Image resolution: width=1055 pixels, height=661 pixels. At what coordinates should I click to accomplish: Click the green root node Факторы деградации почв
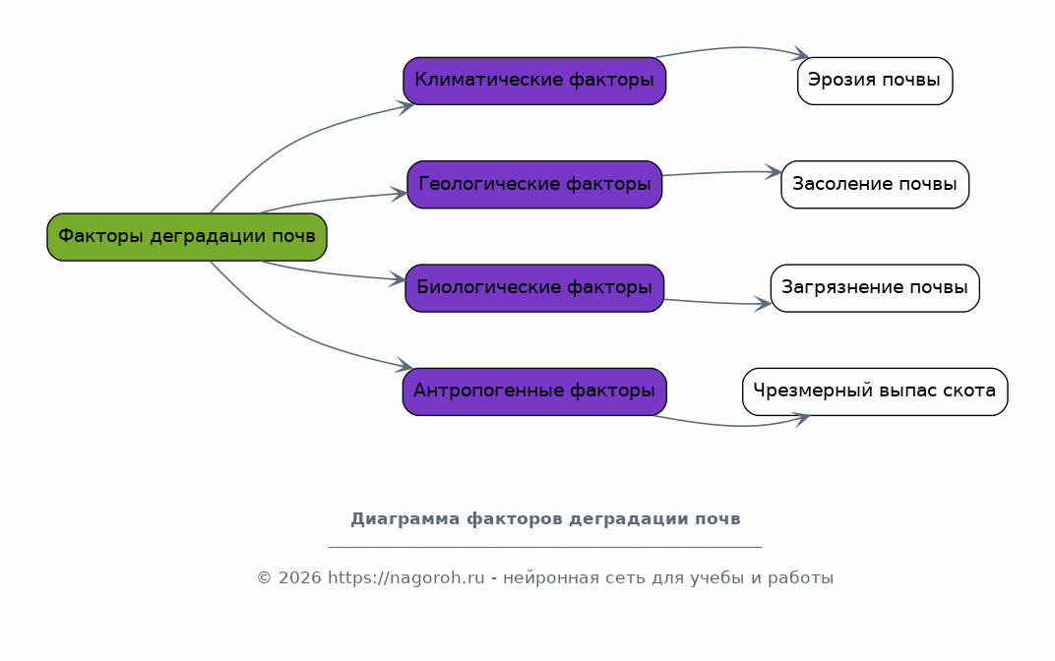[x=186, y=237]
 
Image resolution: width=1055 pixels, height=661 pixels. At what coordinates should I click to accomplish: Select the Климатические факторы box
[x=534, y=81]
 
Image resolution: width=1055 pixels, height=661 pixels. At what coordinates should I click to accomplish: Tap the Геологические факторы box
[x=534, y=184]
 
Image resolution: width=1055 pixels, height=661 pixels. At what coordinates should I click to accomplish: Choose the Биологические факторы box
[x=534, y=288]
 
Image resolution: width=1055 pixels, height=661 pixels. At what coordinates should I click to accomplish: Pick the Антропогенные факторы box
[x=534, y=391]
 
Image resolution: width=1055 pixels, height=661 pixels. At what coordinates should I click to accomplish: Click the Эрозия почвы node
[x=875, y=81]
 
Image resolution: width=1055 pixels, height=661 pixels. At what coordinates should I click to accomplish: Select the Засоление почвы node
[x=875, y=184]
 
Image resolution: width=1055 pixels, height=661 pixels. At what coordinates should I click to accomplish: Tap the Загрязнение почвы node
[x=875, y=288]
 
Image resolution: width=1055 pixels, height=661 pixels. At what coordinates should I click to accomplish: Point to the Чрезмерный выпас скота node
[x=875, y=391]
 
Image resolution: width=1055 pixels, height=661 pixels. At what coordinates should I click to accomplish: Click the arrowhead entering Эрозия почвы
[x=801, y=54]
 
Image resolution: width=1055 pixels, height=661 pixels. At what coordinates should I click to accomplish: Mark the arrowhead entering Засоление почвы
[x=774, y=172]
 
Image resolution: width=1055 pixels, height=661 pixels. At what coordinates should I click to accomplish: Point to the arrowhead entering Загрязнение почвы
[x=763, y=304]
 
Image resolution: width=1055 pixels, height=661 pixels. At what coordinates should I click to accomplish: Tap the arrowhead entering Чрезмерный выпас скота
[x=802, y=420]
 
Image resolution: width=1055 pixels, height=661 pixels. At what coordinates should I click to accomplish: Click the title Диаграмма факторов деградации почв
[x=545, y=519]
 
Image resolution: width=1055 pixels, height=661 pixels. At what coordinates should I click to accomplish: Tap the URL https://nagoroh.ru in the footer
[x=405, y=578]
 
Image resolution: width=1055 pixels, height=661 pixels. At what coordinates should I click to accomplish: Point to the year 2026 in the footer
[x=299, y=578]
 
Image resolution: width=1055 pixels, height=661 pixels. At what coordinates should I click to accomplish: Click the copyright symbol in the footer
[x=264, y=578]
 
